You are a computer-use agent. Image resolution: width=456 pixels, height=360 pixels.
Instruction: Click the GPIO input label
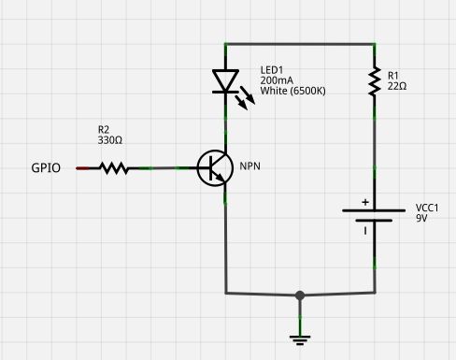tap(47, 168)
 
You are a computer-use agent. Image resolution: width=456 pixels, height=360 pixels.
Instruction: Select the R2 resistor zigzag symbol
tap(113, 168)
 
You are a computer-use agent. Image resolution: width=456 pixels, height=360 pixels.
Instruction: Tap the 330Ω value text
tap(110, 139)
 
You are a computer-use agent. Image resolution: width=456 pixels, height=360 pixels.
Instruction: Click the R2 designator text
tap(104, 128)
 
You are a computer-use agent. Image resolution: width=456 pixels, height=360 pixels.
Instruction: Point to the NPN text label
tap(250, 166)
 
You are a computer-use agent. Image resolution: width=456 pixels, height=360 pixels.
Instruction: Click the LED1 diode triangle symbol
tap(225, 81)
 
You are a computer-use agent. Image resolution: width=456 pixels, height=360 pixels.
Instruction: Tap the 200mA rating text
tap(277, 81)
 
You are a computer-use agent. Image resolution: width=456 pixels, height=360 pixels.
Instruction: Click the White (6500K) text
tap(292, 92)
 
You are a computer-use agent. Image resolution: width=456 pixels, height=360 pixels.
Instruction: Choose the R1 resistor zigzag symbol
tap(374, 81)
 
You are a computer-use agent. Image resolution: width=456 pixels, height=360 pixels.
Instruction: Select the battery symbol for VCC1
tap(374, 217)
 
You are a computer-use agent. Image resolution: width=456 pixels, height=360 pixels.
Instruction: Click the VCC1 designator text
tap(428, 207)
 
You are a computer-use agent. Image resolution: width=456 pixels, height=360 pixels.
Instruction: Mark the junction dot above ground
tap(299, 295)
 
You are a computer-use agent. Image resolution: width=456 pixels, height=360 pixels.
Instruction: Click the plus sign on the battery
tap(365, 202)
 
